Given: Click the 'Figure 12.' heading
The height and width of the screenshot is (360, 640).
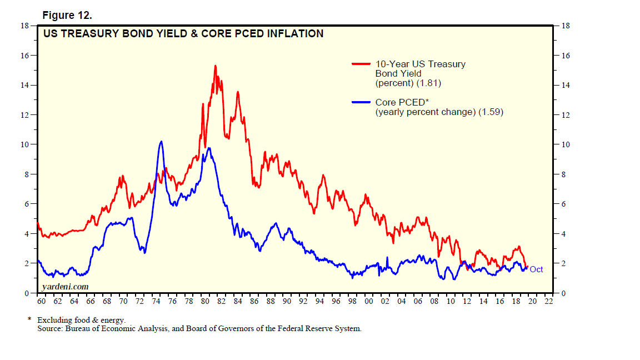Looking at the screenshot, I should click(67, 15).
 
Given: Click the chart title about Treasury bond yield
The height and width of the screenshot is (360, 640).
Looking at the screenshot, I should click(183, 34).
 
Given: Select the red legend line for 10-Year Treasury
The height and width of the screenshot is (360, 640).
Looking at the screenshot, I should click(362, 64).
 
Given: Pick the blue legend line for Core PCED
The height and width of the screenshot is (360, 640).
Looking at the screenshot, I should click(362, 102).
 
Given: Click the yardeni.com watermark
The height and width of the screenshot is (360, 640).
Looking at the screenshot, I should click(64, 286).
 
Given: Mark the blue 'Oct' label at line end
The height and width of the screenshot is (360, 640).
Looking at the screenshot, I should click(536, 269).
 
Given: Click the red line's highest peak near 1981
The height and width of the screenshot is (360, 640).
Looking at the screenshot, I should click(214, 66).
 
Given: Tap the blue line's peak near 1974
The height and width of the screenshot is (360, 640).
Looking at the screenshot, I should click(161, 142).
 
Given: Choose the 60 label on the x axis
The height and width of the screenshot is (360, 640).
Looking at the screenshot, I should click(41, 301).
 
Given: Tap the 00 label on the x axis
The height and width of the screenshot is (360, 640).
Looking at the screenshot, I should click(369, 301).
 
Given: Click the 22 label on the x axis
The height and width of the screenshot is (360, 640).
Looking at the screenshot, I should click(549, 301).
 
